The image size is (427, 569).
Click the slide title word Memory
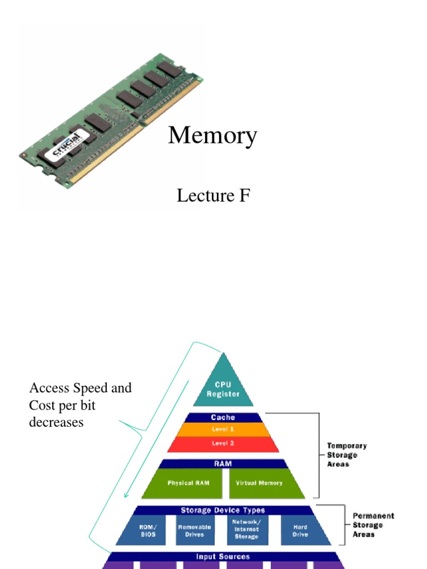[212, 136]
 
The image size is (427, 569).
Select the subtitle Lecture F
[213, 196]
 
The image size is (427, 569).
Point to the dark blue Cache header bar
[223, 417]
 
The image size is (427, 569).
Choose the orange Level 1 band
[223, 430]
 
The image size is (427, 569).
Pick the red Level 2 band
[223, 443]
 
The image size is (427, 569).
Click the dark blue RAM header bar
[223, 463]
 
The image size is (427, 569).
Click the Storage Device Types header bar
[223, 510]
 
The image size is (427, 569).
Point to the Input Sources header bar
[223, 556]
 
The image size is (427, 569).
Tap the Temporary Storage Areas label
[346, 455]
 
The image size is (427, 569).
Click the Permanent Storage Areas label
[373, 525]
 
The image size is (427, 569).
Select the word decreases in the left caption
[56, 422]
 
